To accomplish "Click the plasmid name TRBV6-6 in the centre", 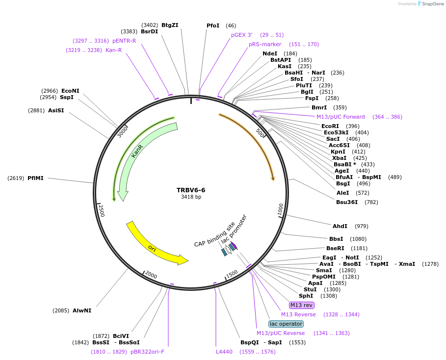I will [191, 190].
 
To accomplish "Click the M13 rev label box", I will [301, 305].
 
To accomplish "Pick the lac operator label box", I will [286, 324].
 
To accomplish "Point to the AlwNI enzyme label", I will [82, 310].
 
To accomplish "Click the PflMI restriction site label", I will [35, 178].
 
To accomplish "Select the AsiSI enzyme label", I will [56, 110].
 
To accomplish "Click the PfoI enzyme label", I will [213, 26].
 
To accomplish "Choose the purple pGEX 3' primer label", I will [242, 35].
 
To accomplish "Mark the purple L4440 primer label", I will [224, 351].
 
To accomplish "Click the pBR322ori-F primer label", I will [148, 351].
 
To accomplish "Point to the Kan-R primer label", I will [113, 50].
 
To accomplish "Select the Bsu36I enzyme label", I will [347, 202].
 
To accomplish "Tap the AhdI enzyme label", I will [340, 226].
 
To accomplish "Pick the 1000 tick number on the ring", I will [281, 209].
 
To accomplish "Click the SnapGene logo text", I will [432, 4].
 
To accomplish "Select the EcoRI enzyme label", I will [330, 126].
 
